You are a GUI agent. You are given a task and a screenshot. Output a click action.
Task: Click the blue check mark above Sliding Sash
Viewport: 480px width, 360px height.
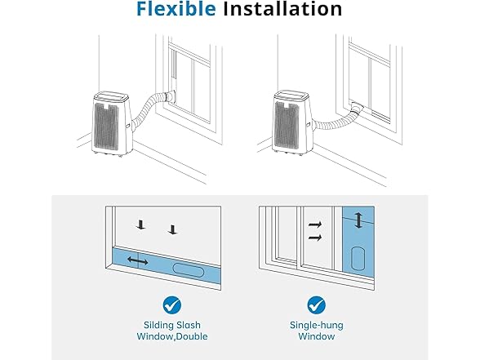click(x=171, y=305)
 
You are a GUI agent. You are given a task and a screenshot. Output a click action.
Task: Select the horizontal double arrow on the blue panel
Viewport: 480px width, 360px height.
click(x=138, y=260)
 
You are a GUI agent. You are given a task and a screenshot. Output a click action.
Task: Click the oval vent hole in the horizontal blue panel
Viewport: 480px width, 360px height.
click(x=190, y=269)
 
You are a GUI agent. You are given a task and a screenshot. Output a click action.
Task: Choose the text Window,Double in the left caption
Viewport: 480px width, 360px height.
click(x=171, y=337)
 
